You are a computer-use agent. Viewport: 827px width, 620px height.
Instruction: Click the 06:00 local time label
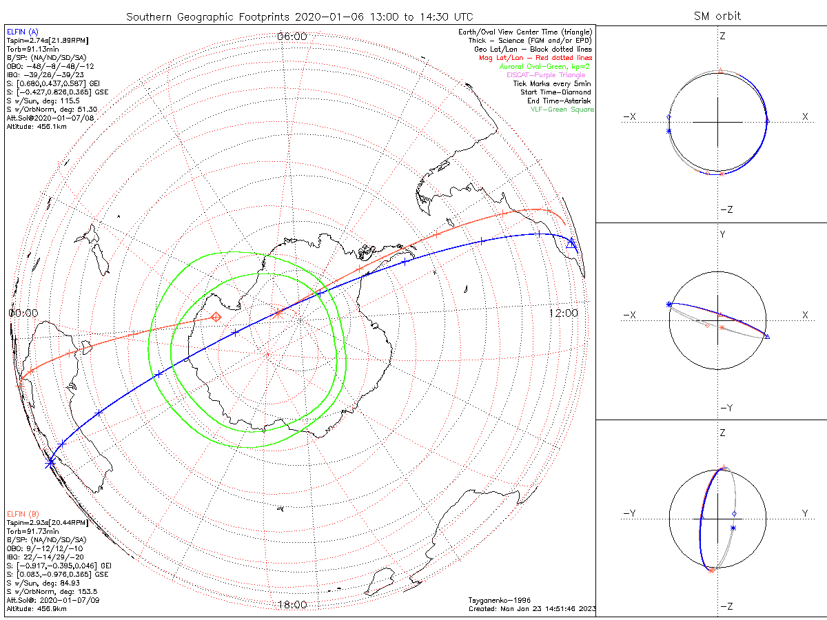[292, 36]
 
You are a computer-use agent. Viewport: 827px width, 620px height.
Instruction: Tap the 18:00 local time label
[292, 605]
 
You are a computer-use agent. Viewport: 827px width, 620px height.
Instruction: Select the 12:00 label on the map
[563, 313]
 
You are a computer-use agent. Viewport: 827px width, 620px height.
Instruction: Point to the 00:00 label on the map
[23, 313]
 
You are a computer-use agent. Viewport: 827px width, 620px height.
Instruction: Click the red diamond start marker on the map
[216, 317]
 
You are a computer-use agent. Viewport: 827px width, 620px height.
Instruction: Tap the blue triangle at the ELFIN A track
[571, 243]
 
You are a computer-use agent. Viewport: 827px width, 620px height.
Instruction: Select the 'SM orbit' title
[719, 16]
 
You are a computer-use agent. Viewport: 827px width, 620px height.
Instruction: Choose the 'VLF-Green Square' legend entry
[562, 110]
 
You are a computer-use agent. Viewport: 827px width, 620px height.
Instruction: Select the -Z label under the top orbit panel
[725, 209]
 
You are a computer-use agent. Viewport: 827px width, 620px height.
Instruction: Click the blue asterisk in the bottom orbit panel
[733, 528]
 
